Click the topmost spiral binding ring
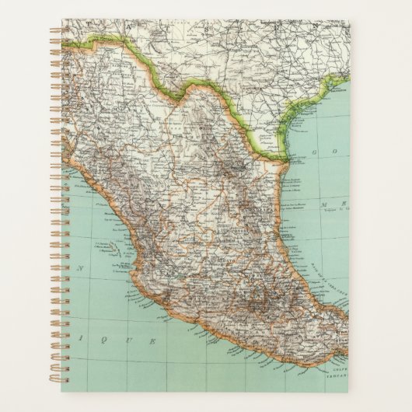[54, 31]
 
